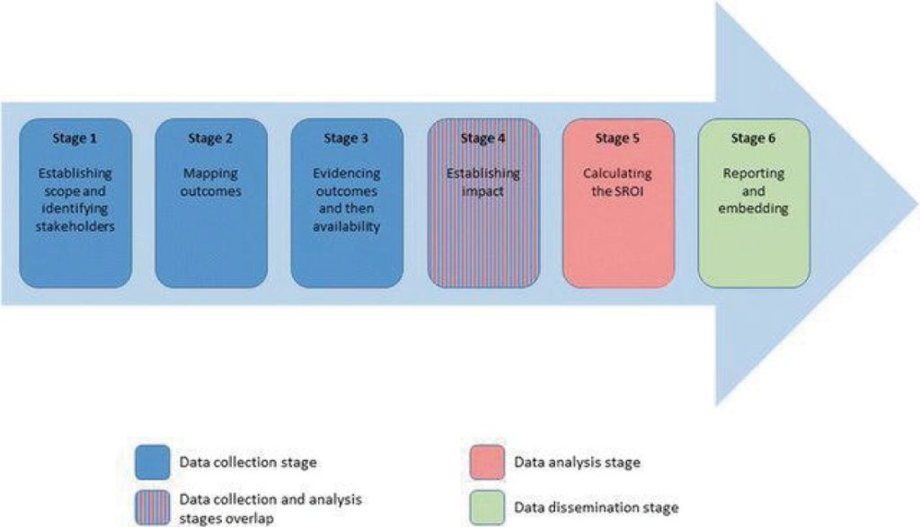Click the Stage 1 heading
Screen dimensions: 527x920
(75, 138)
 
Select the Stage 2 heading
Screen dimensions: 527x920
(211, 138)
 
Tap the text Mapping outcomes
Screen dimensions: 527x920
(211, 182)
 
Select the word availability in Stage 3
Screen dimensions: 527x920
(347, 226)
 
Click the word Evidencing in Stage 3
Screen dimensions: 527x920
(347, 173)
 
